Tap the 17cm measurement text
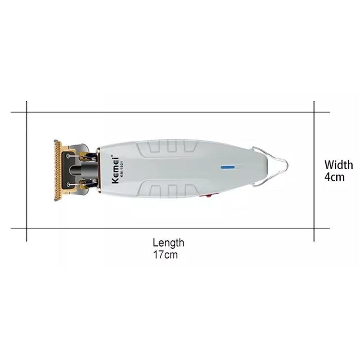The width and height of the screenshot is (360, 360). pyautogui.click(x=165, y=255)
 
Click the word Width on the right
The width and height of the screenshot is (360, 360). pyautogui.click(x=339, y=165)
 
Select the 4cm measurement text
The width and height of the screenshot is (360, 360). pyautogui.click(x=334, y=177)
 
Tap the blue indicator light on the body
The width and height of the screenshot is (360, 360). pyautogui.click(x=228, y=167)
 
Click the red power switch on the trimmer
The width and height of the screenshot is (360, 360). pyautogui.click(x=209, y=196)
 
